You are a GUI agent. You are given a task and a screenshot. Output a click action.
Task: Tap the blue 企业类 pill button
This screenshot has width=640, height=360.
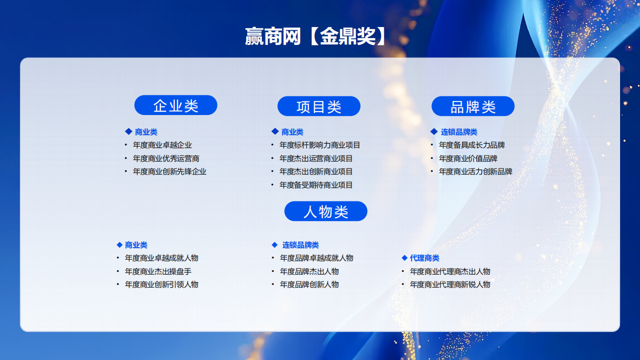click(175, 105)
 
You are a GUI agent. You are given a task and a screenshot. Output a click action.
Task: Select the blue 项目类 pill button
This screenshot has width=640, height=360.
click(319, 106)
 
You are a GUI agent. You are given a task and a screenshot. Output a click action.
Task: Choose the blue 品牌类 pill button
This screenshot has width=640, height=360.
click(473, 106)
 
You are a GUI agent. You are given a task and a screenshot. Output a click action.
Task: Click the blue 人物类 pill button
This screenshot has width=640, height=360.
click(325, 211)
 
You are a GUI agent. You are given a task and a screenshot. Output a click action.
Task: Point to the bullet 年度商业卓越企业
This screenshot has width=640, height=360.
click(162, 145)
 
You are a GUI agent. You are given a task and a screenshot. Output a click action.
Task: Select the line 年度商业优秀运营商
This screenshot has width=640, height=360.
click(166, 158)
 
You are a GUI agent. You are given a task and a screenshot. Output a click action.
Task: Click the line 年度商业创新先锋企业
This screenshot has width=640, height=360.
click(169, 171)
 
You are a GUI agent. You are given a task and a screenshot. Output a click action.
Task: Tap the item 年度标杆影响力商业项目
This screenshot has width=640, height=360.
click(319, 145)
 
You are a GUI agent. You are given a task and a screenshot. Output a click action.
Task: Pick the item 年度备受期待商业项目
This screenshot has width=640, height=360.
click(316, 185)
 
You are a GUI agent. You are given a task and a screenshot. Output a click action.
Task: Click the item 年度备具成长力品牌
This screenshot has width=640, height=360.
click(472, 145)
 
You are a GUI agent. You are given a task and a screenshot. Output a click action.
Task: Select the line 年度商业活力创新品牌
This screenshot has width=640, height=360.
click(475, 171)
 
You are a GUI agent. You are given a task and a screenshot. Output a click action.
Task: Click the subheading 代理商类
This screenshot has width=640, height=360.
click(424, 258)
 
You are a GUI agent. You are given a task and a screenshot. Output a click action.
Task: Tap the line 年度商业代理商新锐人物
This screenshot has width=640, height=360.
click(450, 284)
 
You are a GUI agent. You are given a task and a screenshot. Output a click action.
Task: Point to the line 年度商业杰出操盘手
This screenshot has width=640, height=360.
click(158, 271)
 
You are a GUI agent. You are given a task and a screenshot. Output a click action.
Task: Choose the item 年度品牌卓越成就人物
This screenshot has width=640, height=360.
click(316, 258)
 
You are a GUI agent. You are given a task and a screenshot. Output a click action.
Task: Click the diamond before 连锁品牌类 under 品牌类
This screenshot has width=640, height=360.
click(434, 131)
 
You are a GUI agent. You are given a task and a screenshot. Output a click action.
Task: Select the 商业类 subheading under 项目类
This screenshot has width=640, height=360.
click(292, 132)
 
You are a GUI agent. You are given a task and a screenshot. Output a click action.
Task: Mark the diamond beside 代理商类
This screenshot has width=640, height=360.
click(404, 258)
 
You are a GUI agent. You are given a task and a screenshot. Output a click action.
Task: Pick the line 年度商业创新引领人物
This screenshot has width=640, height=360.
click(161, 284)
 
